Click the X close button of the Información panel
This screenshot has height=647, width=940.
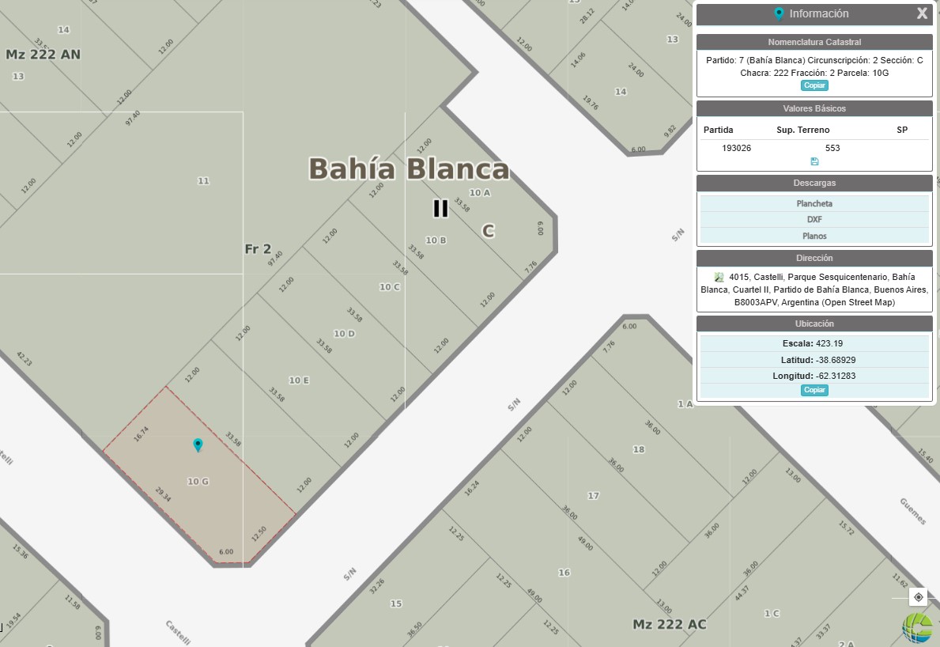[x=922, y=13]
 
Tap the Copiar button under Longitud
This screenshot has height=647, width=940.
[x=814, y=390]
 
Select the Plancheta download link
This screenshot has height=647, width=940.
[x=814, y=203]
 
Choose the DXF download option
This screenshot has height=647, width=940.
[x=814, y=220]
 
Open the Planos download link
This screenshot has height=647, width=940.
[x=814, y=236]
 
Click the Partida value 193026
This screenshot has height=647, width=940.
[x=737, y=148]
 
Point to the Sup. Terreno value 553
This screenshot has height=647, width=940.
[x=832, y=148]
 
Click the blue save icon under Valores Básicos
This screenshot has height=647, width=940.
[x=814, y=161]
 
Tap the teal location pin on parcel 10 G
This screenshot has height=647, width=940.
[x=198, y=445]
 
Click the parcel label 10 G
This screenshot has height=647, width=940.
[x=198, y=481]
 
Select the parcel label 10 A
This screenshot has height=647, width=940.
[x=480, y=193]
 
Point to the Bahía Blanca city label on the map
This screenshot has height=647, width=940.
[x=409, y=169]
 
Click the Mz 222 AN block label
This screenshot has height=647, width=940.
[x=43, y=55]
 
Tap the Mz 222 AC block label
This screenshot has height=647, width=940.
[x=669, y=624]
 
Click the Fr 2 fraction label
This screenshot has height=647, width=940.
[x=258, y=249]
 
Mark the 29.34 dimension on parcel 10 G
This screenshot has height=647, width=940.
[x=163, y=495]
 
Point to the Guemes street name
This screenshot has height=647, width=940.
[x=912, y=511]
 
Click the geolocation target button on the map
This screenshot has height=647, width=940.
[x=918, y=597]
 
